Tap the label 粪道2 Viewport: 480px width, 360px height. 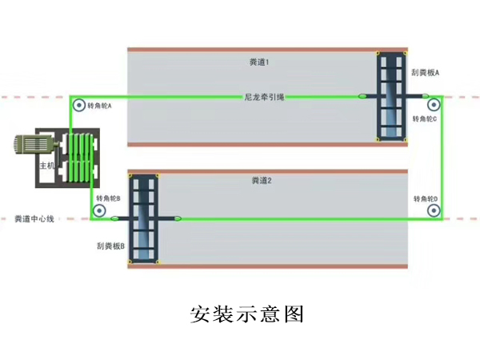tap(262, 182)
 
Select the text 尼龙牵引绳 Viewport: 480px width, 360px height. tap(264, 98)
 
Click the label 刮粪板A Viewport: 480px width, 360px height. tap(426, 73)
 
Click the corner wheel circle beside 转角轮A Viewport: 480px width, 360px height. tap(78, 106)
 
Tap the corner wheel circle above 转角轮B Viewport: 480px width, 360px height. tap(99, 210)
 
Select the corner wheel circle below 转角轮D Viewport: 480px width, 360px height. tap(433, 211)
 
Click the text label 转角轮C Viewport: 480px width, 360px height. tap(425, 119)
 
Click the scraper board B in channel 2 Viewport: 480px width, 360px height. tap(145, 218)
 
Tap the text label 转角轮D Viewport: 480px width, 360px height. tap(426, 198)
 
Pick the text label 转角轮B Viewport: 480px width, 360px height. tap(108, 198)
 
